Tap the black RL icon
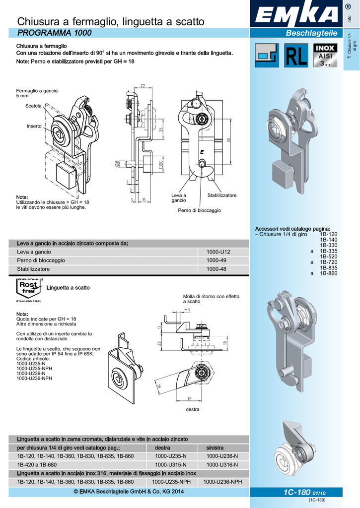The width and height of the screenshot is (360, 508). click(x=295, y=56)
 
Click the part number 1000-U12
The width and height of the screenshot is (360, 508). click(x=218, y=252)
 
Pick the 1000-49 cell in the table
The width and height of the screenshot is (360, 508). click(x=216, y=260)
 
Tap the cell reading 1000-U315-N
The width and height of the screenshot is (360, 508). click(x=171, y=465)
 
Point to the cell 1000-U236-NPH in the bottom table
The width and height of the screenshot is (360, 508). click(x=222, y=482)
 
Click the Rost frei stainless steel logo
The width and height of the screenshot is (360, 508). click(x=29, y=290)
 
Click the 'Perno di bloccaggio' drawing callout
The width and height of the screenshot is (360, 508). click(x=199, y=210)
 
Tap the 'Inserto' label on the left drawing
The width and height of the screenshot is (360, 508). click(x=34, y=126)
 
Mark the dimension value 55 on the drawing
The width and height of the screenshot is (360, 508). click(x=229, y=140)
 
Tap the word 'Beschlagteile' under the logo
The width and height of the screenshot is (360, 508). click(x=311, y=33)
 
